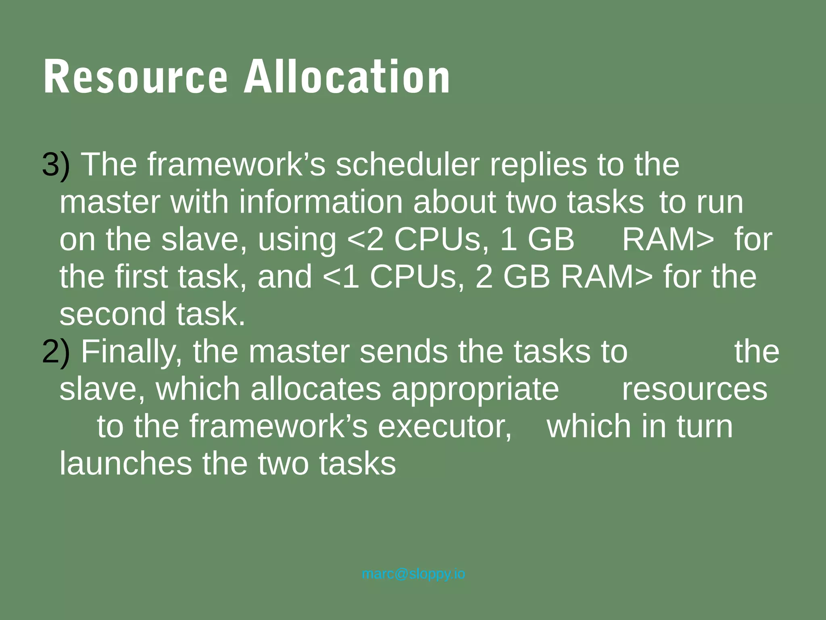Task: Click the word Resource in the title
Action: [136, 77]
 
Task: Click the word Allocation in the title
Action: [347, 77]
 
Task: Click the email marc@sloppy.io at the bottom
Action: [413, 574]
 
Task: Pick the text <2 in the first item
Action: [365, 240]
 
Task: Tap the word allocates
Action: [316, 389]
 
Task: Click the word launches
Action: [126, 464]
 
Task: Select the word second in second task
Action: [113, 314]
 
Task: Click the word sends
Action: [403, 352]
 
